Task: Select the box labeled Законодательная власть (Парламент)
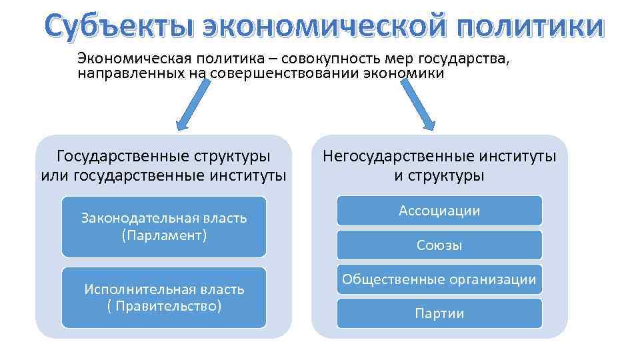[x=164, y=227]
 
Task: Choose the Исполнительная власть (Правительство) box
[x=164, y=297]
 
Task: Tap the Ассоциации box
[x=439, y=211]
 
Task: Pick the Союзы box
[x=439, y=245]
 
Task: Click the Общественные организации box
[x=439, y=279]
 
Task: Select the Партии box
[x=439, y=313]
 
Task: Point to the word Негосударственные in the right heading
[x=397, y=157]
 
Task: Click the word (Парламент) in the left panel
[x=164, y=235]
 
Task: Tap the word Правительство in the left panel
[x=167, y=306]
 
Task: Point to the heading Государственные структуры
[x=164, y=157]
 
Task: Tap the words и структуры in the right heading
[x=439, y=176]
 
